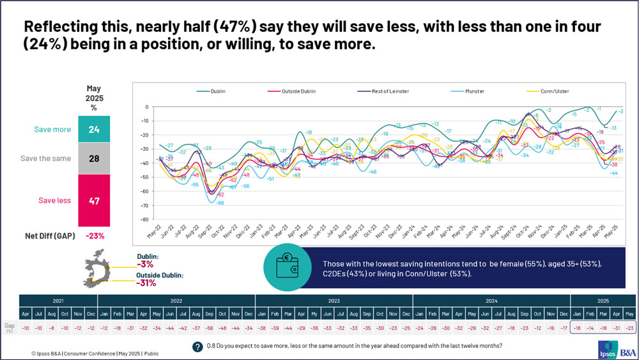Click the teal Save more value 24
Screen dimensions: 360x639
click(95, 129)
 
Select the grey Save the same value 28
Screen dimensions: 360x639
click(95, 159)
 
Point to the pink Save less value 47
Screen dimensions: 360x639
click(95, 200)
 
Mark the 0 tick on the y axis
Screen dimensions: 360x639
click(146, 107)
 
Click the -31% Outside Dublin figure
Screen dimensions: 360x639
click(147, 283)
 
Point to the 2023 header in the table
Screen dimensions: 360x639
click(334, 301)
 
